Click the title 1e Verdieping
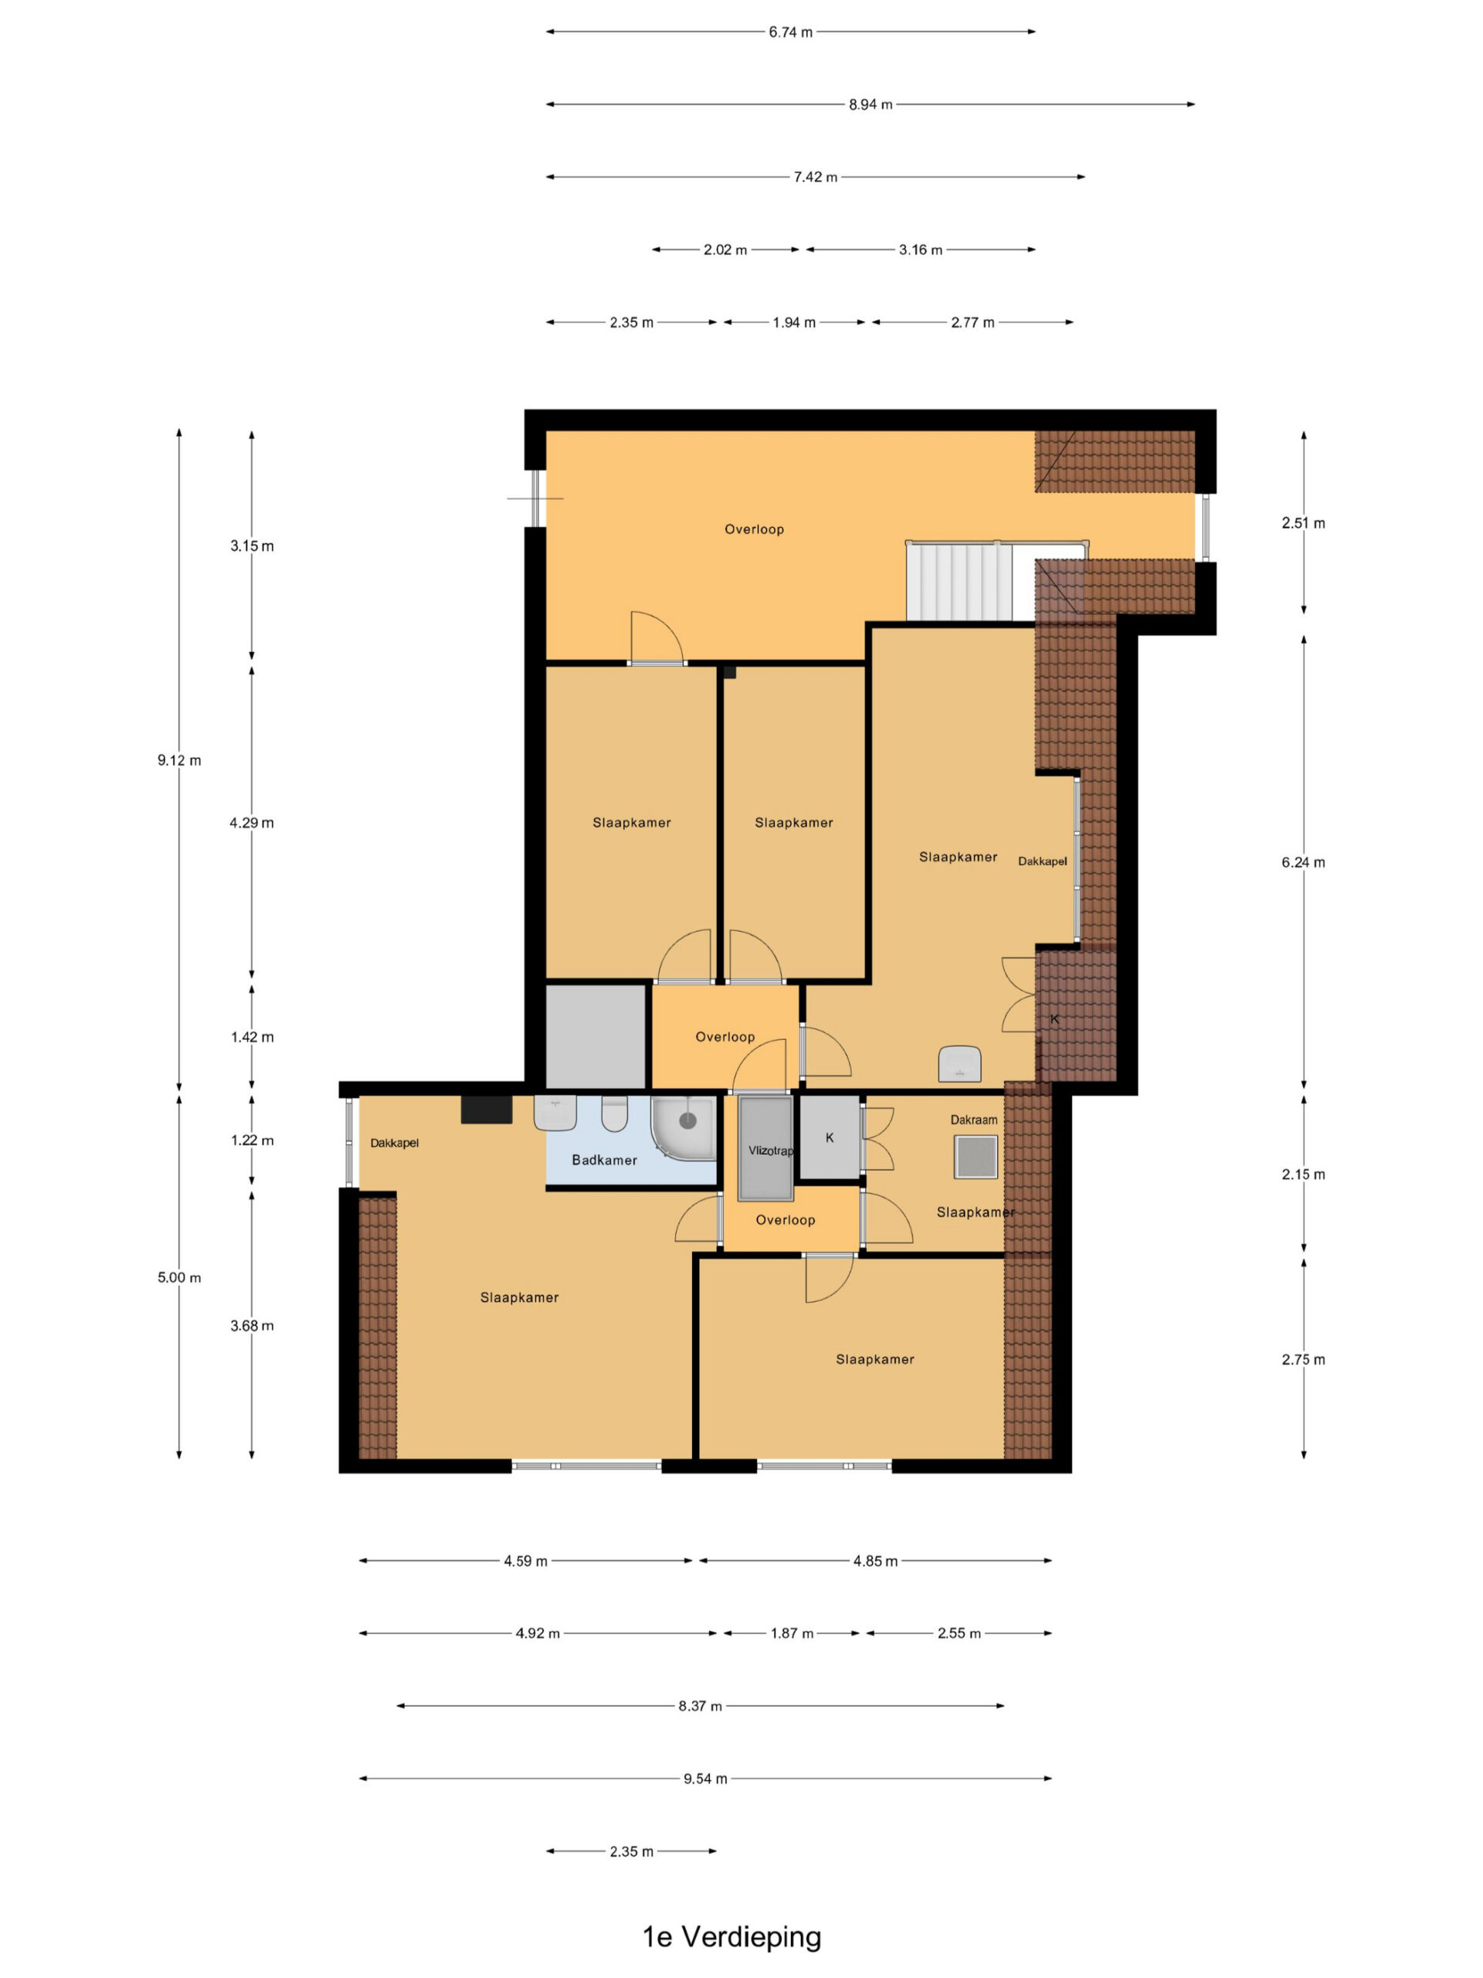click(731, 1936)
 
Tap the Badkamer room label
click(604, 1160)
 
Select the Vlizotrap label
click(771, 1150)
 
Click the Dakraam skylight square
click(976, 1157)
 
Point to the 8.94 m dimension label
click(870, 104)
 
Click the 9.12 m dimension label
click(178, 760)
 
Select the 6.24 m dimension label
click(1303, 862)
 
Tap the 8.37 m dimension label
click(700, 1705)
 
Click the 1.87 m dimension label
click(792, 1633)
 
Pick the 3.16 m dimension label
click(921, 250)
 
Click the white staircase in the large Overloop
click(959, 581)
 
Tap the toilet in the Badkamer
click(615, 1113)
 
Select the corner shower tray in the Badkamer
click(684, 1127)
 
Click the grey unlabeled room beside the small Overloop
click(596, 1036)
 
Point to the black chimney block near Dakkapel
click(487, 1109)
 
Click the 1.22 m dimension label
click(252, 1140)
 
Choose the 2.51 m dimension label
click(1303, 523)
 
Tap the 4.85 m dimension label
click(875, 1561)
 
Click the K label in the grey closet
click(830, 1137)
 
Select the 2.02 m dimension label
click(725, 250)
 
